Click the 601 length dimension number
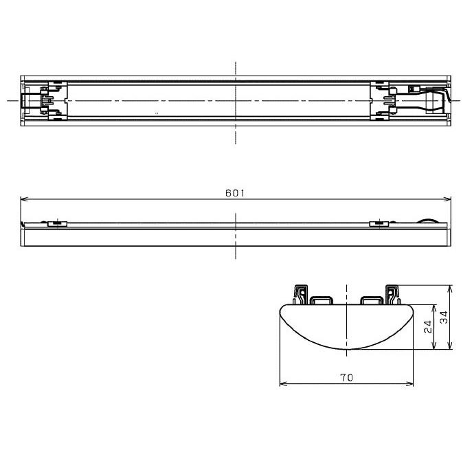coord(235,193)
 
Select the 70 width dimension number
coord(346,377)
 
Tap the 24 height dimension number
coord(428,326)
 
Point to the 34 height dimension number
coord(444,317)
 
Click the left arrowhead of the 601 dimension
coord(24,199)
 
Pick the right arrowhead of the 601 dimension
coord(447,199)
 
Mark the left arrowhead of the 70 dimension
coord(284,384)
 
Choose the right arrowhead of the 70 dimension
coord(409,384)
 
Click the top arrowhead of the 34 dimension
coord(450,289)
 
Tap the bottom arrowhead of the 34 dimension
coord(450,346)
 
